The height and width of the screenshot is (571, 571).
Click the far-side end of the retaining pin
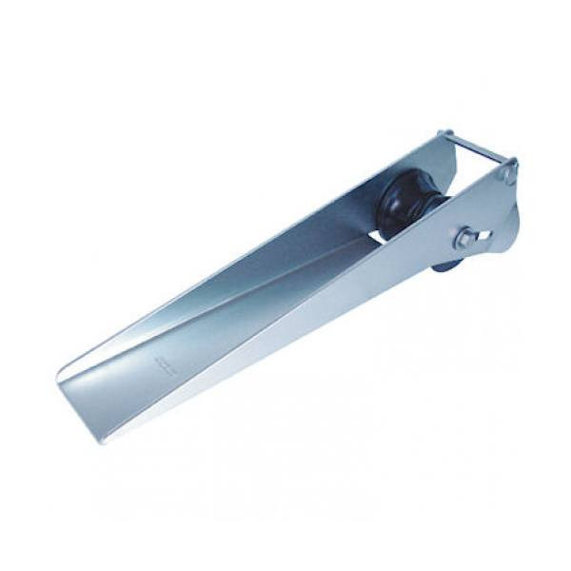point(443,133)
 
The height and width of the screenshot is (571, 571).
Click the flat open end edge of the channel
point(76,399)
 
